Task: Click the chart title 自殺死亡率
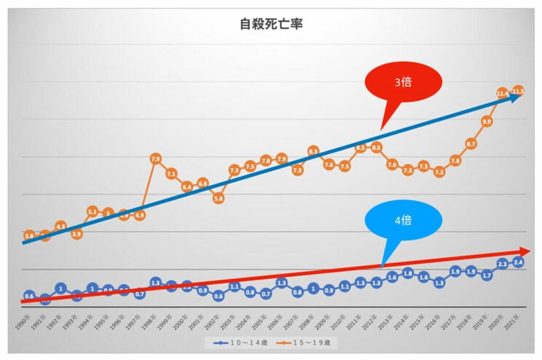[x=271, y=23]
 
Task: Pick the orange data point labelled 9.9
[x=487, y=121]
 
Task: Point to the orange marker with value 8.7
[x=471, y=144]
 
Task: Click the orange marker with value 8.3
[x=313, y=151]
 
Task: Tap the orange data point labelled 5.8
[x=219, y=197]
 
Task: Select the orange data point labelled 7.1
[x=171, y=173]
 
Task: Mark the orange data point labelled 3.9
[x=76, y=234]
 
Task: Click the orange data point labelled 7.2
[x=439, y=172]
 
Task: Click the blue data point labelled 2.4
[x=519, y=262]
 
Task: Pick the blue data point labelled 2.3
[x=503, y=264]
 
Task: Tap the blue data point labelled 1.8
[x=408, y=273]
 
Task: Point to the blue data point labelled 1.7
[x=487, y=275]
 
